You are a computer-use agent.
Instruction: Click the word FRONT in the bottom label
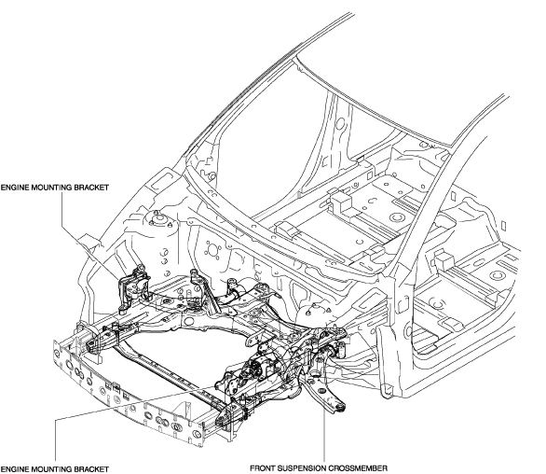point(262,468)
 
